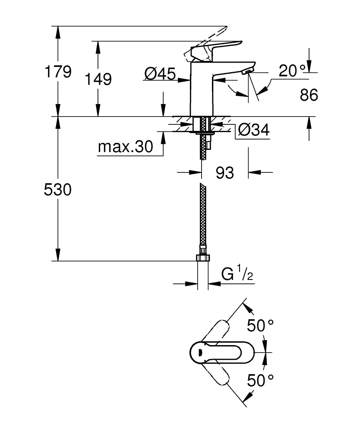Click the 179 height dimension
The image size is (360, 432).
pos(58,72)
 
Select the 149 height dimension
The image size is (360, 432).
pos(98,79)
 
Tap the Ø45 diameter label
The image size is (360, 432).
pos(159,75)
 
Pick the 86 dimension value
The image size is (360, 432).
pos(309,95)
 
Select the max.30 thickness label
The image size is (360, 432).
pos(125,147)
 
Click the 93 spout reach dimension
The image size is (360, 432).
pos(224,173)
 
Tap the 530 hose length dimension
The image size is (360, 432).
pos(58,190)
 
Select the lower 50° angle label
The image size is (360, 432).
pos(260,380)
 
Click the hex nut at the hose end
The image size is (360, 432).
pos(202,258)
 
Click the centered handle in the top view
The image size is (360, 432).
pos(212,353)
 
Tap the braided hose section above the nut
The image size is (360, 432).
pos(202,216)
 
